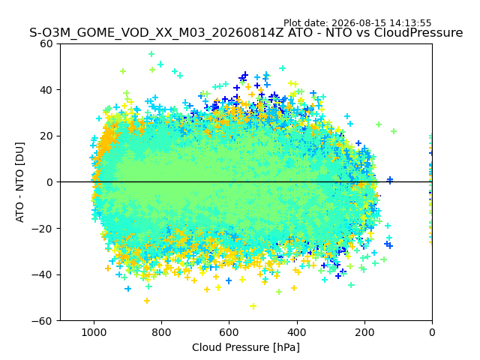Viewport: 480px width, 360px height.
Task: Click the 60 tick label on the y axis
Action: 46,43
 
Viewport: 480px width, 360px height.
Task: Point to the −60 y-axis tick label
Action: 42,321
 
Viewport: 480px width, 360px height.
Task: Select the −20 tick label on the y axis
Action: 42,228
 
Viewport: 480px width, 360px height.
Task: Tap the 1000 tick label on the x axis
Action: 94,332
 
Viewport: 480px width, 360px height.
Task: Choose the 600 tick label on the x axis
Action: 229,332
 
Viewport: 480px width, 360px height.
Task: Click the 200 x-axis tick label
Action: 364,332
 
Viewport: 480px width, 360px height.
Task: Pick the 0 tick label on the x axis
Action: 432,332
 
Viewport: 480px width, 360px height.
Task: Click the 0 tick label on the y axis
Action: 49,182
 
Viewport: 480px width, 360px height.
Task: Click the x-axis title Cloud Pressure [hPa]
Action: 246,348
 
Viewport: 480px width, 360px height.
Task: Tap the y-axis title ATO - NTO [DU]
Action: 20,182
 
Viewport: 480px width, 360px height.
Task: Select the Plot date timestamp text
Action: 357,23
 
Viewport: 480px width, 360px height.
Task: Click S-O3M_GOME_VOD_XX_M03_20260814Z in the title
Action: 157,33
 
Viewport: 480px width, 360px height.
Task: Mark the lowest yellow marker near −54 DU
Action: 253,306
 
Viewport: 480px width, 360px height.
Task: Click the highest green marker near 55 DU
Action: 151,54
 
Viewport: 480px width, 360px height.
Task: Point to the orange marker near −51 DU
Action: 147,301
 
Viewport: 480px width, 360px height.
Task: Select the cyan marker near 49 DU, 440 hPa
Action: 283,68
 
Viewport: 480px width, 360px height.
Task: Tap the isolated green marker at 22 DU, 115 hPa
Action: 394,131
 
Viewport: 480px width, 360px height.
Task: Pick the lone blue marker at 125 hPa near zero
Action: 390,180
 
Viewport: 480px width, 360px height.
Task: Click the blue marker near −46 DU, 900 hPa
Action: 128,289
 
